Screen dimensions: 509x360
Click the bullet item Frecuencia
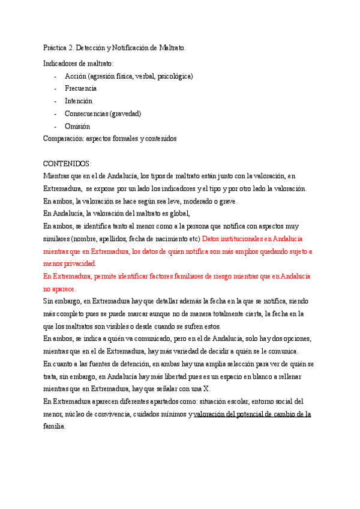point(81,89)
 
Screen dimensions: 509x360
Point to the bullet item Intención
point(79,101)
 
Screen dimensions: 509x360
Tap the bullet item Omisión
point(77,126)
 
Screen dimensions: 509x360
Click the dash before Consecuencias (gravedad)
point(55,113)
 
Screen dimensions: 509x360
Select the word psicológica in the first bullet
point(174,76)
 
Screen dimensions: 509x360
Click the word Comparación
point(64,139)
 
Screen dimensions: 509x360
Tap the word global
point(178,214)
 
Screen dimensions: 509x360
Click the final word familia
point(54,426)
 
